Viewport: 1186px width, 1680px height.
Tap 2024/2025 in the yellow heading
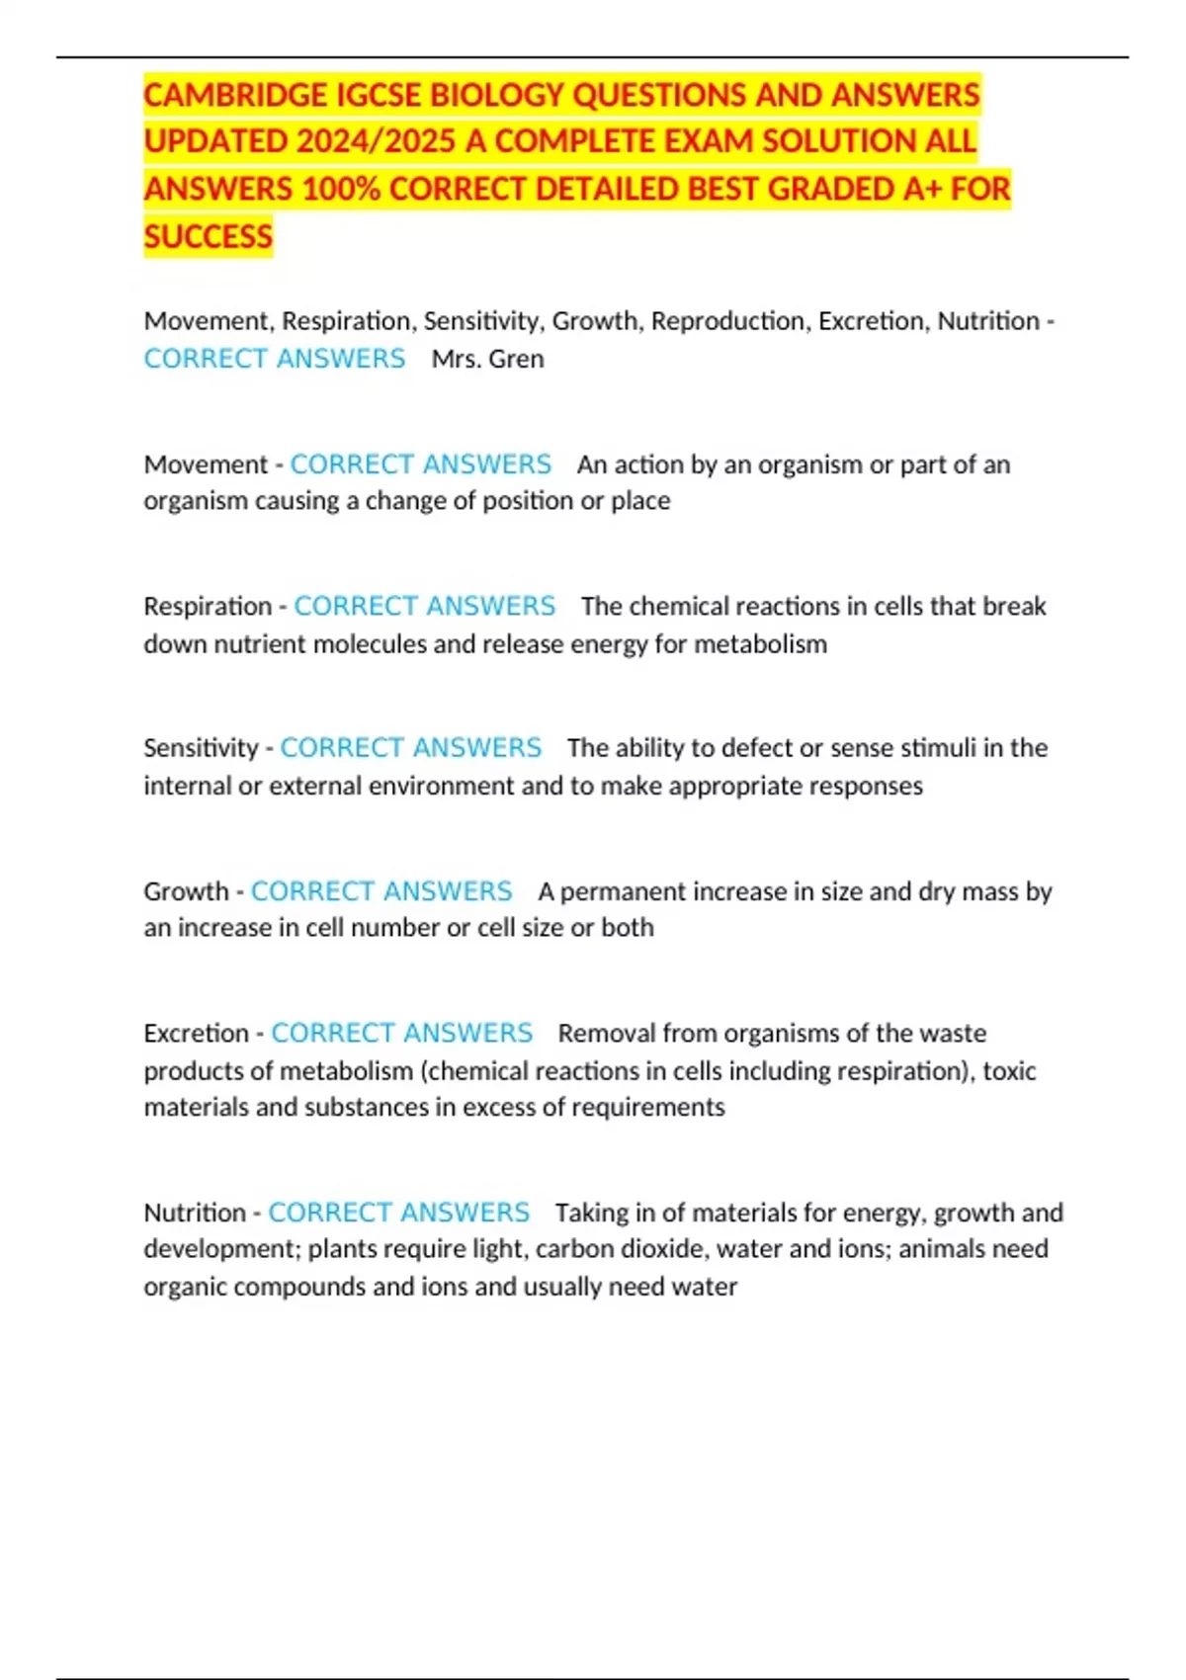point(376,141)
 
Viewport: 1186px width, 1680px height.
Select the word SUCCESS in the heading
point(208,237)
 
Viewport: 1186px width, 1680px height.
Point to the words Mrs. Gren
point(487,359)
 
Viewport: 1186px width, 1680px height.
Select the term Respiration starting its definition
point(208,606)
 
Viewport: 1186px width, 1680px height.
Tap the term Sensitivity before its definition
point(201,748)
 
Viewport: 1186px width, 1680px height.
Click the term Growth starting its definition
point(186,891)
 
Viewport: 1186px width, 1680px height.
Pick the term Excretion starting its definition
point(196,1034)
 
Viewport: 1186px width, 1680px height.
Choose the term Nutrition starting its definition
point(195,1213)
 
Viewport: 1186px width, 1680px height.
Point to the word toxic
point(1009,1071)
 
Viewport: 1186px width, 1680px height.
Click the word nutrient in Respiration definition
point(260,644)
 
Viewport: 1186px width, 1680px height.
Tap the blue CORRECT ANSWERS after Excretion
point(401,1034)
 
